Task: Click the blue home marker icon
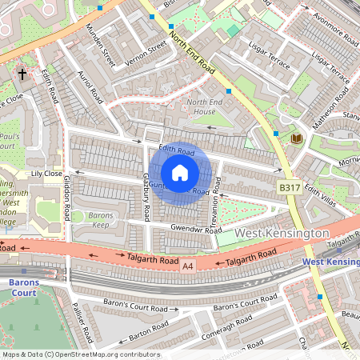pyautogui.click(x=180, y=172)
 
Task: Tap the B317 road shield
pyautogui.click(x=290, y=186)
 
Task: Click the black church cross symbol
pyautogui.click(x=23, y=74)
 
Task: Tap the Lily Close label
pyautogui.click(x=46, y=173)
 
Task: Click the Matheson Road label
pyautogui.click(x=330, y=98)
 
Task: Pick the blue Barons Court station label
pyautogui.click(x=25, y=286)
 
